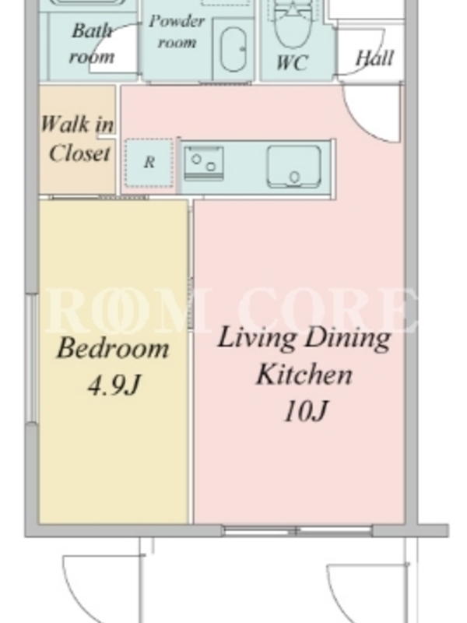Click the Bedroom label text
point(113,348)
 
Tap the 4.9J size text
point(114,385)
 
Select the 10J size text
point(306,410)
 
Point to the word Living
point(258,339)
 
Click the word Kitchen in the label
point(304,374)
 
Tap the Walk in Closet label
point(77,139)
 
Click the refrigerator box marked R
point(149,163)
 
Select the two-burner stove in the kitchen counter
point(204,163)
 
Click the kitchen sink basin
point(294,167)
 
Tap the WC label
point(292,63)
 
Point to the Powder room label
point(177,31)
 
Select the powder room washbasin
point(233,50)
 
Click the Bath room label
point(92,44)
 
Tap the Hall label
point(374,58)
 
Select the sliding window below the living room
point(297,530)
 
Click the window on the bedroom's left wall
point(33,358)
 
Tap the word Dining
point(348,339)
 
